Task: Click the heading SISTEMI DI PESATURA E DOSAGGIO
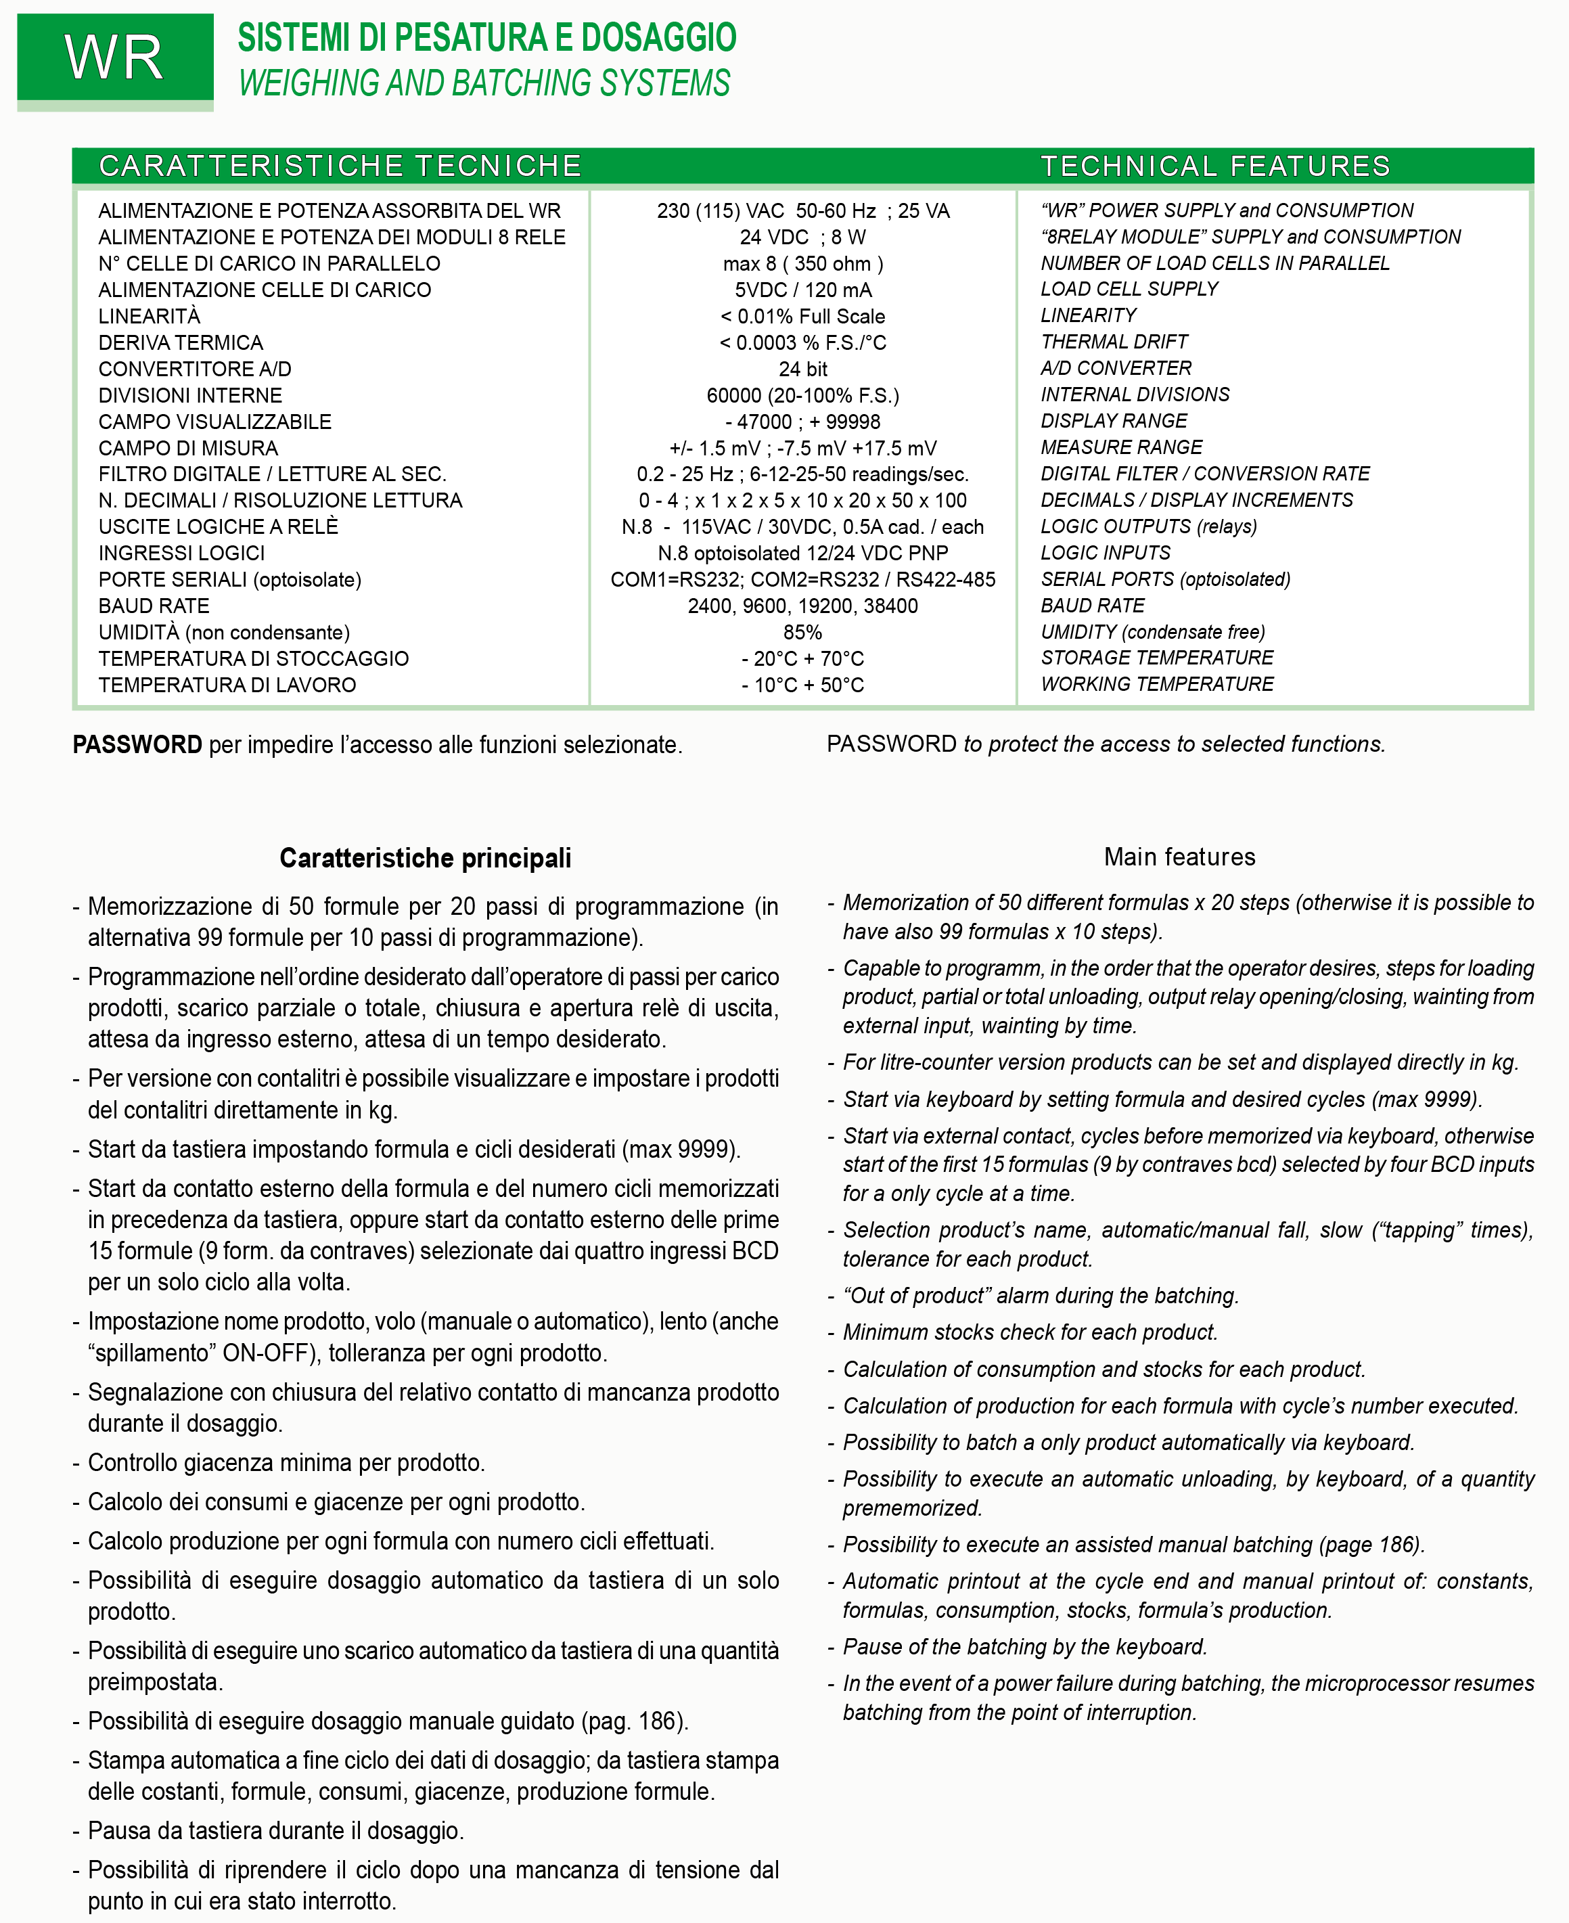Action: point(486,38)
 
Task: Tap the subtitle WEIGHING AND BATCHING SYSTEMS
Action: point(484,83)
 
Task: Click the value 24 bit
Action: point(802,369)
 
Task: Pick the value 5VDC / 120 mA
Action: point(802,290)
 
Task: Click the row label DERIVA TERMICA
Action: point(181,342)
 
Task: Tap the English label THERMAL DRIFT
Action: point(1114,342)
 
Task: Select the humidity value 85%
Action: point(802,633)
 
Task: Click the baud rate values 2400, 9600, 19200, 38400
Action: point(802,606)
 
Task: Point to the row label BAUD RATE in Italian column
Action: point(154,606)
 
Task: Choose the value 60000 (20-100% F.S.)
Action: point(802,395)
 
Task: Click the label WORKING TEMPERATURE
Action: point(1157,684)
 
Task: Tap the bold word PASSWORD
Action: point(137,744)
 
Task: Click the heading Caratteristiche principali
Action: point(425,857)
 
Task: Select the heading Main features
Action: point(1179,857)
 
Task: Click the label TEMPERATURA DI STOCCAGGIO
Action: point(253,659)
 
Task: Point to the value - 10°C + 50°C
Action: point(802,685)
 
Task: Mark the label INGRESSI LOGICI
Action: point(182,553)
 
